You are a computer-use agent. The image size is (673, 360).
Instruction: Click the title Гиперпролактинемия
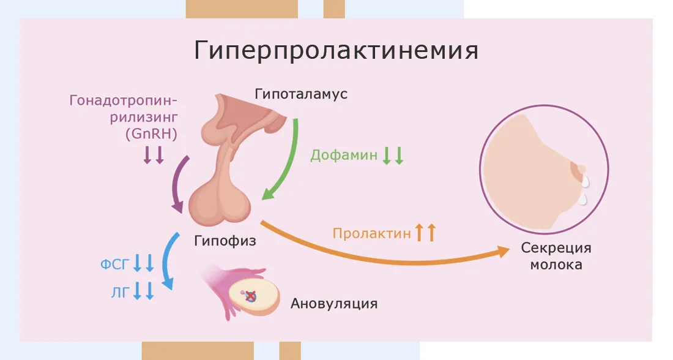coord(336,51)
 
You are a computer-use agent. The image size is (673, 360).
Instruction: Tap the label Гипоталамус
coord(301,94)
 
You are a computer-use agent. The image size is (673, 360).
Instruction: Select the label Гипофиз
coord(225,241)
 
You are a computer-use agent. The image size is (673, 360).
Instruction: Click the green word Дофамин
coord(344,155)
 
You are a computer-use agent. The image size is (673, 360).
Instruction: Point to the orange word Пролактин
coord(372,233)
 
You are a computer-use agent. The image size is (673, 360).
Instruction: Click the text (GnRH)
coord(152,134)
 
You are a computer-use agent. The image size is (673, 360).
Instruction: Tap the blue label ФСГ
coord(114,264)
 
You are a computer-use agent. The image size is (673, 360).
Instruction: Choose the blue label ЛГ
coord(120,293)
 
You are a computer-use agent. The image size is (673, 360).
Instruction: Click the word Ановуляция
coord(334,304)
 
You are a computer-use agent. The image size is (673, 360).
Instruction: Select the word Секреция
coord(556,248)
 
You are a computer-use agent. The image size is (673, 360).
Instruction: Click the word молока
coord(556,264)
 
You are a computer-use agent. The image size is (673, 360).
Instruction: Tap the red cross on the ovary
coord(251,296)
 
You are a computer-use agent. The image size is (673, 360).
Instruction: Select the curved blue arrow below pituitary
coord(165,261)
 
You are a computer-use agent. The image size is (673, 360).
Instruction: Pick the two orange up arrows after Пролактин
coord(426,233)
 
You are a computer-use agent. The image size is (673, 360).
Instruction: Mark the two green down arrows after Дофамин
coord(393,156)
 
